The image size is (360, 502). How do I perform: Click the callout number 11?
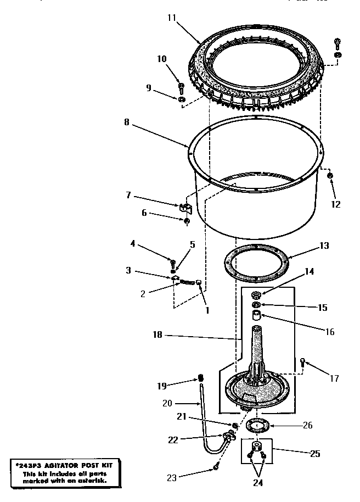point(171,18)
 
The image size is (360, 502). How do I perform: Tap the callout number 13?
point(324,246)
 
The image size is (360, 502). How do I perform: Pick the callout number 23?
point(172,478)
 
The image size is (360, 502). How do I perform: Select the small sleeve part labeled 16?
point(256,316)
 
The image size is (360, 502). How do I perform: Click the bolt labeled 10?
point(181,88)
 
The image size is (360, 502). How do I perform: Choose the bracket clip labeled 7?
point(185,208)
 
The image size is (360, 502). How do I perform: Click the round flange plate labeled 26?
point(256,425)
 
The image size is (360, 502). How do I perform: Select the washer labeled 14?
point(256,295)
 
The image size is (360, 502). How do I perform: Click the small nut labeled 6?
point(187,221)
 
